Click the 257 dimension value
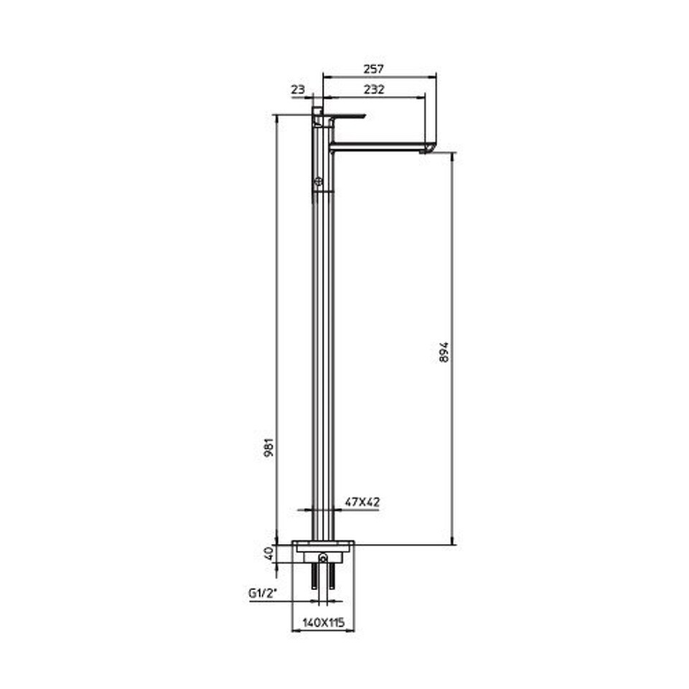point(373,69)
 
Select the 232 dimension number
point(374,90)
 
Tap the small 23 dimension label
point(298,90)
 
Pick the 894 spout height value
point(444,352)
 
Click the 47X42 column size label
point(362,502)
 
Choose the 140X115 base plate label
point(324,622)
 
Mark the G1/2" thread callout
point(263,594)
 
